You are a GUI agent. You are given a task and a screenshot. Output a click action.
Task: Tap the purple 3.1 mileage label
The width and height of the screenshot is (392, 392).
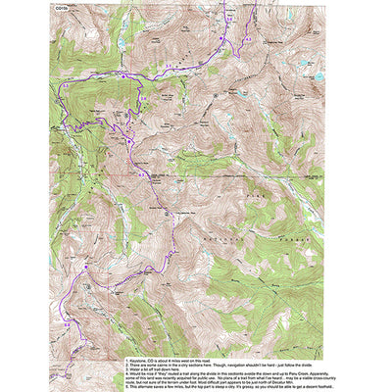[169, 65]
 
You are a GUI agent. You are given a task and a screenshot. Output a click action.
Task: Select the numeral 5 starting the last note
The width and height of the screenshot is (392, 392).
[126, 387]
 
